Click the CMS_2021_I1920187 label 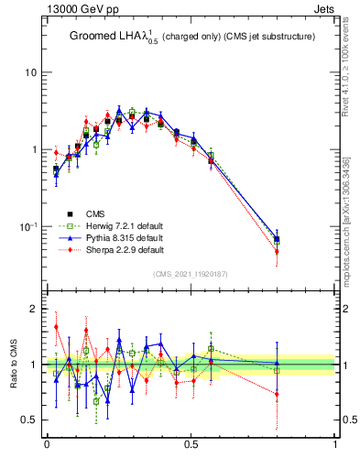pos(191,274)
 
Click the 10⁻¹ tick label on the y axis pos(27,226)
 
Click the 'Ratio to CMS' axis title pos(14,365)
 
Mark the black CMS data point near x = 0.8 pos(277,239)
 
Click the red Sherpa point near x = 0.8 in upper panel pos(277,251)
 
